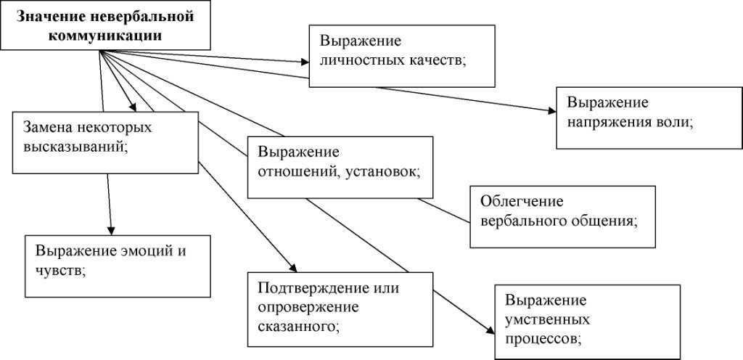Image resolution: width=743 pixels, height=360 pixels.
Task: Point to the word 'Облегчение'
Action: (x=522, y=201)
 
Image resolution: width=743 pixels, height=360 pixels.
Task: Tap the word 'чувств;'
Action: (x=60, y=270)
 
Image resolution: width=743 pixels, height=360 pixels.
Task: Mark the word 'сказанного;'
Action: (x=298, y=324)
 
